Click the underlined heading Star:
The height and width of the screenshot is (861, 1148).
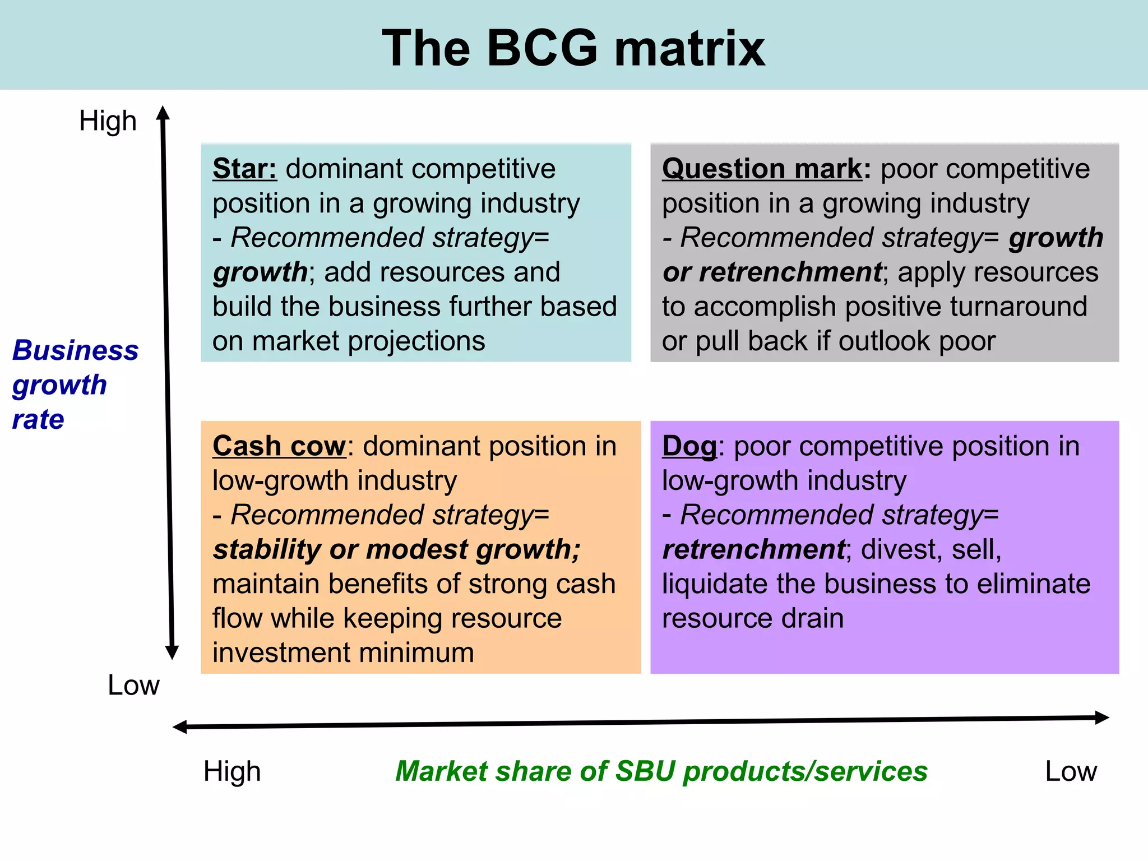tap(244, 169)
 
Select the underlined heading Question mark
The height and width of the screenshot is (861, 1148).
tap(762, 169)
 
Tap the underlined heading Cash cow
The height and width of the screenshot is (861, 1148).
tap(279, 446)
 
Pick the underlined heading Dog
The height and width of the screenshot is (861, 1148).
tap(689, 447)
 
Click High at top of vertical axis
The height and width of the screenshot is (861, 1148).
tap(108, 121)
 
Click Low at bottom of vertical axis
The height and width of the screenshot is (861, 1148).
tap(133, 685)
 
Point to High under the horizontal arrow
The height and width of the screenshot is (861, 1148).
tap(232, 771)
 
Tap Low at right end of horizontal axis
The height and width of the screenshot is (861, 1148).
tap(1071, 771)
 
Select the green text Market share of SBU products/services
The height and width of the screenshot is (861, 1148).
tap(661, 771)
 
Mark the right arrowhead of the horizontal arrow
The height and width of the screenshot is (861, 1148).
tap(1102, 717)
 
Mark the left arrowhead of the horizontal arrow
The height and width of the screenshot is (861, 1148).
tap(180, 728)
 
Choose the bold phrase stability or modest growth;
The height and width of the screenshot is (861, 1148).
tap(397, 549)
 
